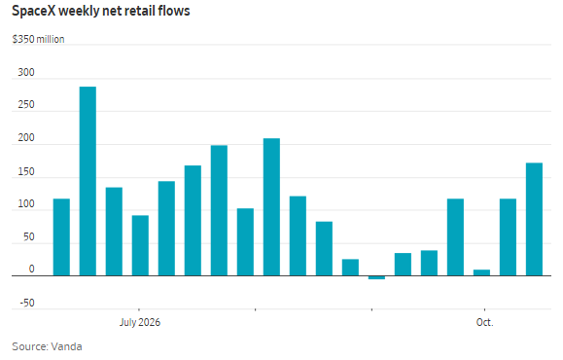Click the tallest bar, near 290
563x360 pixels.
coord(88,181)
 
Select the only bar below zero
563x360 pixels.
coord(376,277)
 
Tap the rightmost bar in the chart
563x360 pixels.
coord(534,220)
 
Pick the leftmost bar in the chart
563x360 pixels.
coord(61,237)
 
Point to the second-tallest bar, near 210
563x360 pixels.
coord(271,207)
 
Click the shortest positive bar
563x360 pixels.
coord(482,272)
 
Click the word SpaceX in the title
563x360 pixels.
coord(34,11)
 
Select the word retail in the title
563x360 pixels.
coord(136,11)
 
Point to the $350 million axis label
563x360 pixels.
coord(39,39)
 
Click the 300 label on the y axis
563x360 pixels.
coord(26,72)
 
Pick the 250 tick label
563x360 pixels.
coord(26,104)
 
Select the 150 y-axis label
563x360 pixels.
coord(26,171)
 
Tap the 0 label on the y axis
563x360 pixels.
coord(31,270)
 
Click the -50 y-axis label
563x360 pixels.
coord(27,303)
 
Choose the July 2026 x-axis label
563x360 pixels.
coord(140,322)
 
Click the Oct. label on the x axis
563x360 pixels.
coord(485,322)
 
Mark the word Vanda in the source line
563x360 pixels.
coord(66,346)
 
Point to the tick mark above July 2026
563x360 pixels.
coord(139,309)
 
